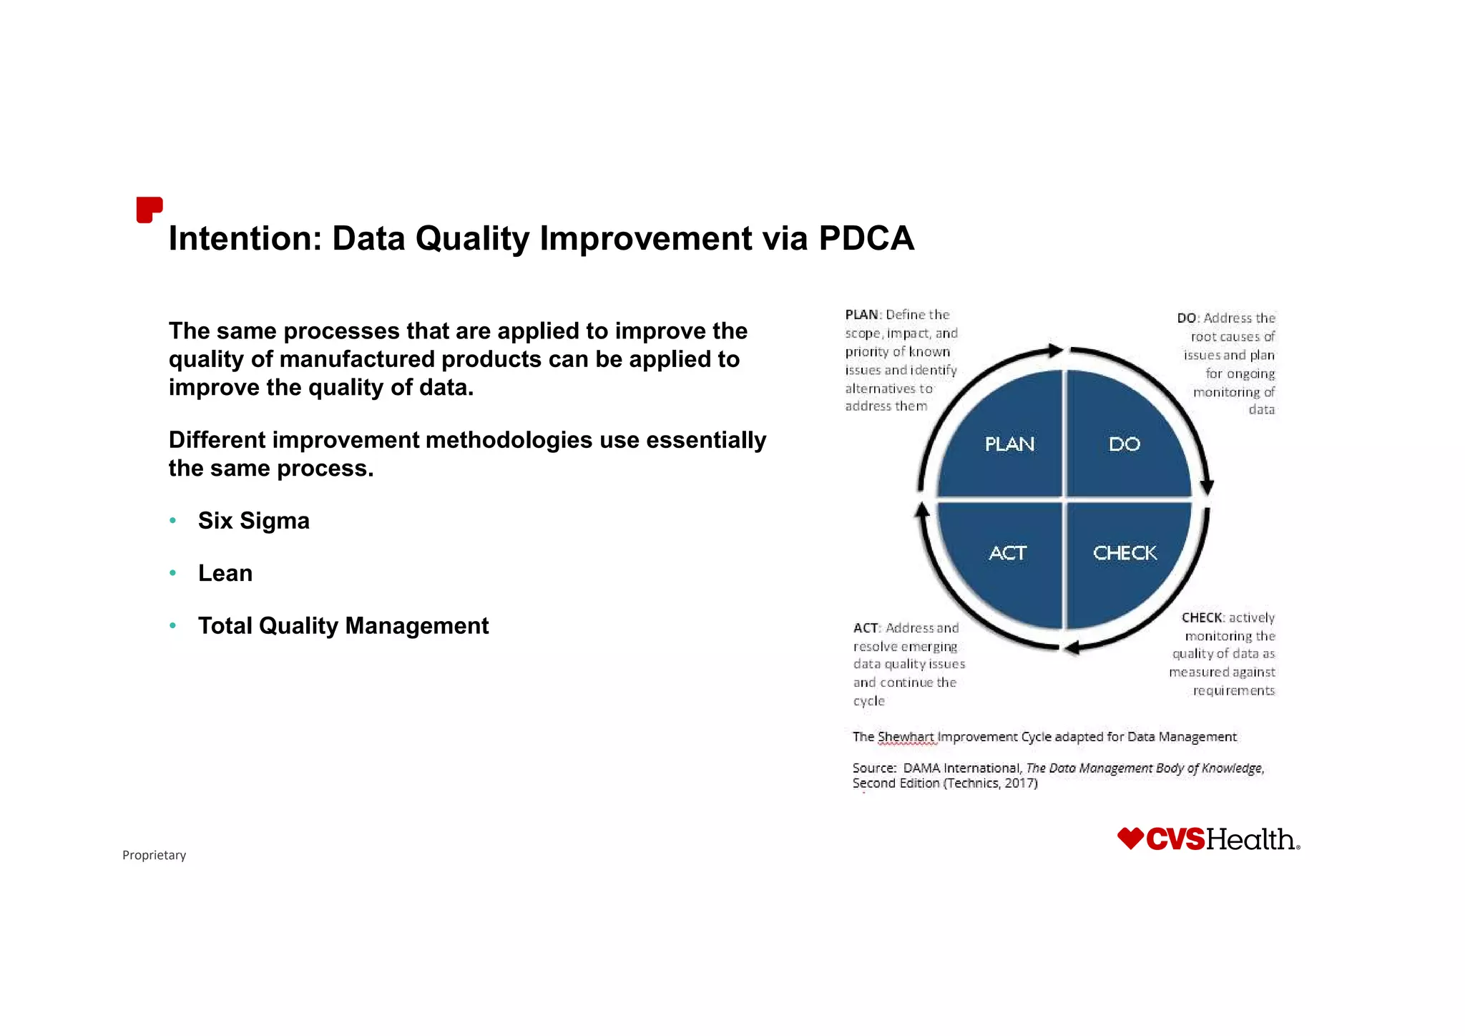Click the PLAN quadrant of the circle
tap(1009, 444)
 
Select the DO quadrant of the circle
tap(1124, 444)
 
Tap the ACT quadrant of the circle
tap(1007, 553)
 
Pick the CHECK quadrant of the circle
tap(1125, 553)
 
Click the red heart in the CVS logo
tap(1130, 839)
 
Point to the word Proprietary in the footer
tap(154, 855)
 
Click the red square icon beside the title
tap(149, 210)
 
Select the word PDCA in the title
tap(866, 238)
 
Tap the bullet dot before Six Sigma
tap(172, 520)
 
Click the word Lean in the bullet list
tap(225, 573)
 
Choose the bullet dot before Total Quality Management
tap(172, 625)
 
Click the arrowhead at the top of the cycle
tap(1055, 351)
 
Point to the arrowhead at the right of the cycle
tap(1207, 487)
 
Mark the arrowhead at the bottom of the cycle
tap(1071, 648)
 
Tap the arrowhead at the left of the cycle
tap(923, 509)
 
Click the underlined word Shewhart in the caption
tap(906, 737)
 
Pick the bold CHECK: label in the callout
tap(1202, 617)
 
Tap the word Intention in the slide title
tap(245, 238)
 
